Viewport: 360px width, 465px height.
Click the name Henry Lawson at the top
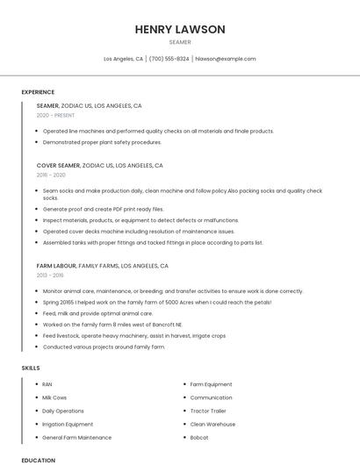(180, 29)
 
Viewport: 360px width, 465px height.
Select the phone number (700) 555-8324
(169, 59)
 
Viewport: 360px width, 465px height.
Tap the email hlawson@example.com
(226, 59)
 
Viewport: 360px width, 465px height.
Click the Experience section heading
(38, 92)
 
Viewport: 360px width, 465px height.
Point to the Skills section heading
(31, 368)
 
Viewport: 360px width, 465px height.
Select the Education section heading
(38, 460)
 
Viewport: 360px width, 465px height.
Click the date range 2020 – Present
(55, 115)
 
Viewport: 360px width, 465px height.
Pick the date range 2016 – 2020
(51, 175)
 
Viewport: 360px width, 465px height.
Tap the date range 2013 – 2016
(50, 275)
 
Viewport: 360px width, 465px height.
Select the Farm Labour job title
(56, 265)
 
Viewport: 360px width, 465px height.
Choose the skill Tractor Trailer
(208, 411)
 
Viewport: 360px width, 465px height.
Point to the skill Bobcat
(199, 437)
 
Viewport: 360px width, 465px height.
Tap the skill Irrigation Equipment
(68, 424)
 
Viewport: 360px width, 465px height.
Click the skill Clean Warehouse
(212, 424)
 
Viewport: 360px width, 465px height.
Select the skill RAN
(47, 384)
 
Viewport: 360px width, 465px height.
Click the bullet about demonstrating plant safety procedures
(102, 141)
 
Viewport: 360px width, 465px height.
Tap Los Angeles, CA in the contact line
(123, 59)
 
